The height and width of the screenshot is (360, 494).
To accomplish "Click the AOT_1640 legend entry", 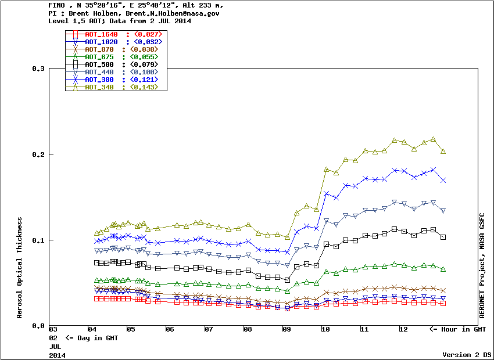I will click(101, 34).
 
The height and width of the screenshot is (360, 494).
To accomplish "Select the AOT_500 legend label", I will click(101, 64).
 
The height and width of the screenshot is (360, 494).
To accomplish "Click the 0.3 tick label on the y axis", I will click(38, 69).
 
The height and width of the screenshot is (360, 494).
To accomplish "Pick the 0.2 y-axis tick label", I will click(38, 154).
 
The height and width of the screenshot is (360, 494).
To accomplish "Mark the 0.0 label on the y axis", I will click(38, 326).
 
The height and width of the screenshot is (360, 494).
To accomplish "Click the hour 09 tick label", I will click(287, 330).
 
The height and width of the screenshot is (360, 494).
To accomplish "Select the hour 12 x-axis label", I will click(403, 330).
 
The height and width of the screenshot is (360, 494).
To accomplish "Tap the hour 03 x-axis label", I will click(53, 330).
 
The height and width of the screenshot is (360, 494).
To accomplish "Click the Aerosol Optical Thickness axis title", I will click(20, 268).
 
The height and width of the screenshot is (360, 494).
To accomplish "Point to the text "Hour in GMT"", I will click(462, 330).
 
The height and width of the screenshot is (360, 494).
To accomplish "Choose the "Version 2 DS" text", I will click(467, 355).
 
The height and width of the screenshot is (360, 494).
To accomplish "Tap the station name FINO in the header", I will click(57, 5).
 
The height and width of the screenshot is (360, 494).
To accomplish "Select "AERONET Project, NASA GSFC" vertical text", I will click(482, 264).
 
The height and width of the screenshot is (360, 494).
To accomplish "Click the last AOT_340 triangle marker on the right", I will click(443, 152).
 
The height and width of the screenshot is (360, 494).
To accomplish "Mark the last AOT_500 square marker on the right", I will click(443, 237).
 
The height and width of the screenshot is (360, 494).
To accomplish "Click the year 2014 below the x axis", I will click(57, 354).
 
